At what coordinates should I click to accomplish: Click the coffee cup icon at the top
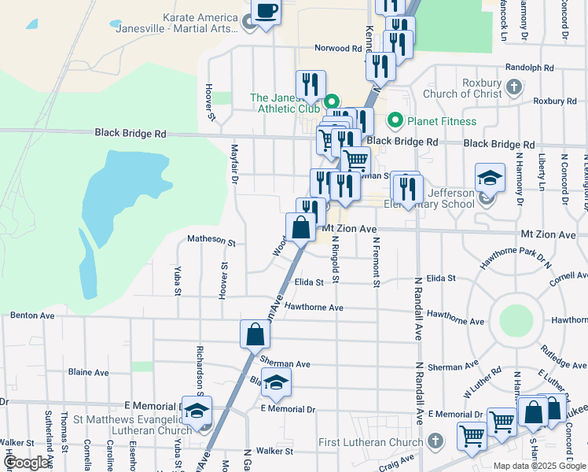265,12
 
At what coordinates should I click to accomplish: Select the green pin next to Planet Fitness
395,121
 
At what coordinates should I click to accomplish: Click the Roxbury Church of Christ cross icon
514,87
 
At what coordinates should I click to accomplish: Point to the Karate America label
200,17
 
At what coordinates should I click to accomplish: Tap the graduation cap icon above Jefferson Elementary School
489,178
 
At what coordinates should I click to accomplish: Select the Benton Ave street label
32,315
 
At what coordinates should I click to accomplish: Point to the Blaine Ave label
89,372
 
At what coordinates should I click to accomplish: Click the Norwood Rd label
337,48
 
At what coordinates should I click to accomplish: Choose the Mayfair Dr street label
234,165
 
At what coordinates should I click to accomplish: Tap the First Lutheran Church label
371,443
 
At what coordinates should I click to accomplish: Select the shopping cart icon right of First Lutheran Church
471,435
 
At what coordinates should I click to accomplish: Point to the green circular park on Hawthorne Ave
516,319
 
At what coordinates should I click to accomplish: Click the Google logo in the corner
27,463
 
